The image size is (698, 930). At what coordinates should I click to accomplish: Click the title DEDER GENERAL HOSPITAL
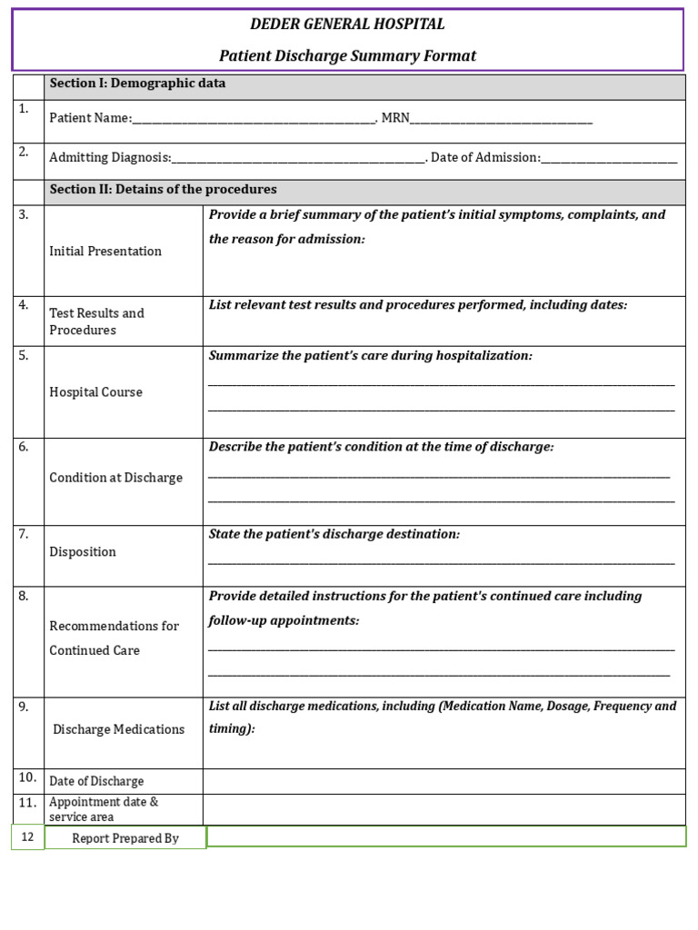pos(348,25)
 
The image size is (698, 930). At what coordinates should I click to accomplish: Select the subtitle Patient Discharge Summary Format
pos(348,56)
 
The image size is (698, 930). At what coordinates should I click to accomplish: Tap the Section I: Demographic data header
pos(137,84)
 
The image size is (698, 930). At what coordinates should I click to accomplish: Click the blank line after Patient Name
pos(254,119)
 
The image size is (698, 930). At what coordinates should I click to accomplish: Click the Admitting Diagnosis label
pos(110,158)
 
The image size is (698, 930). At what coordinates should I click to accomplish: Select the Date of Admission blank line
pos(609,159)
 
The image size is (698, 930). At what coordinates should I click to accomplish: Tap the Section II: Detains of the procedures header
pos(163,190)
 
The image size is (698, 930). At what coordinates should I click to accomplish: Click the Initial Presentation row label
pos(105,252)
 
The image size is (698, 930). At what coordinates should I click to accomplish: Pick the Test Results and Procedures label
pos(96,322)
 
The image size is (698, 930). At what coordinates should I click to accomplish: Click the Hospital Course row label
pos(95,392)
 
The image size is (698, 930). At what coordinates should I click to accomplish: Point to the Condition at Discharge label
pos(115,478)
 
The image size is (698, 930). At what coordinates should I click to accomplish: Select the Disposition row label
pos(83,552)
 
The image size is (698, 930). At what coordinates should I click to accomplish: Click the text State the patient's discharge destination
pos(334,534)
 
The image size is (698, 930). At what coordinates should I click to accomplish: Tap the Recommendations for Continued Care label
pos(114,638)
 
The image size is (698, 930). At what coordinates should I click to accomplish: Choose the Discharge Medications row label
pos(118,729)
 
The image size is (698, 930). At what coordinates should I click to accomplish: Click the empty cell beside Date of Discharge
pos(444,781)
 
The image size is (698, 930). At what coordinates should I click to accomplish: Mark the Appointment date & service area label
pos(104,809)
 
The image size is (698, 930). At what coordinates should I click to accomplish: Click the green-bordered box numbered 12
pos(27,837)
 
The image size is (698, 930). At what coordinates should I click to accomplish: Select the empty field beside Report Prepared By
pos(445,836)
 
